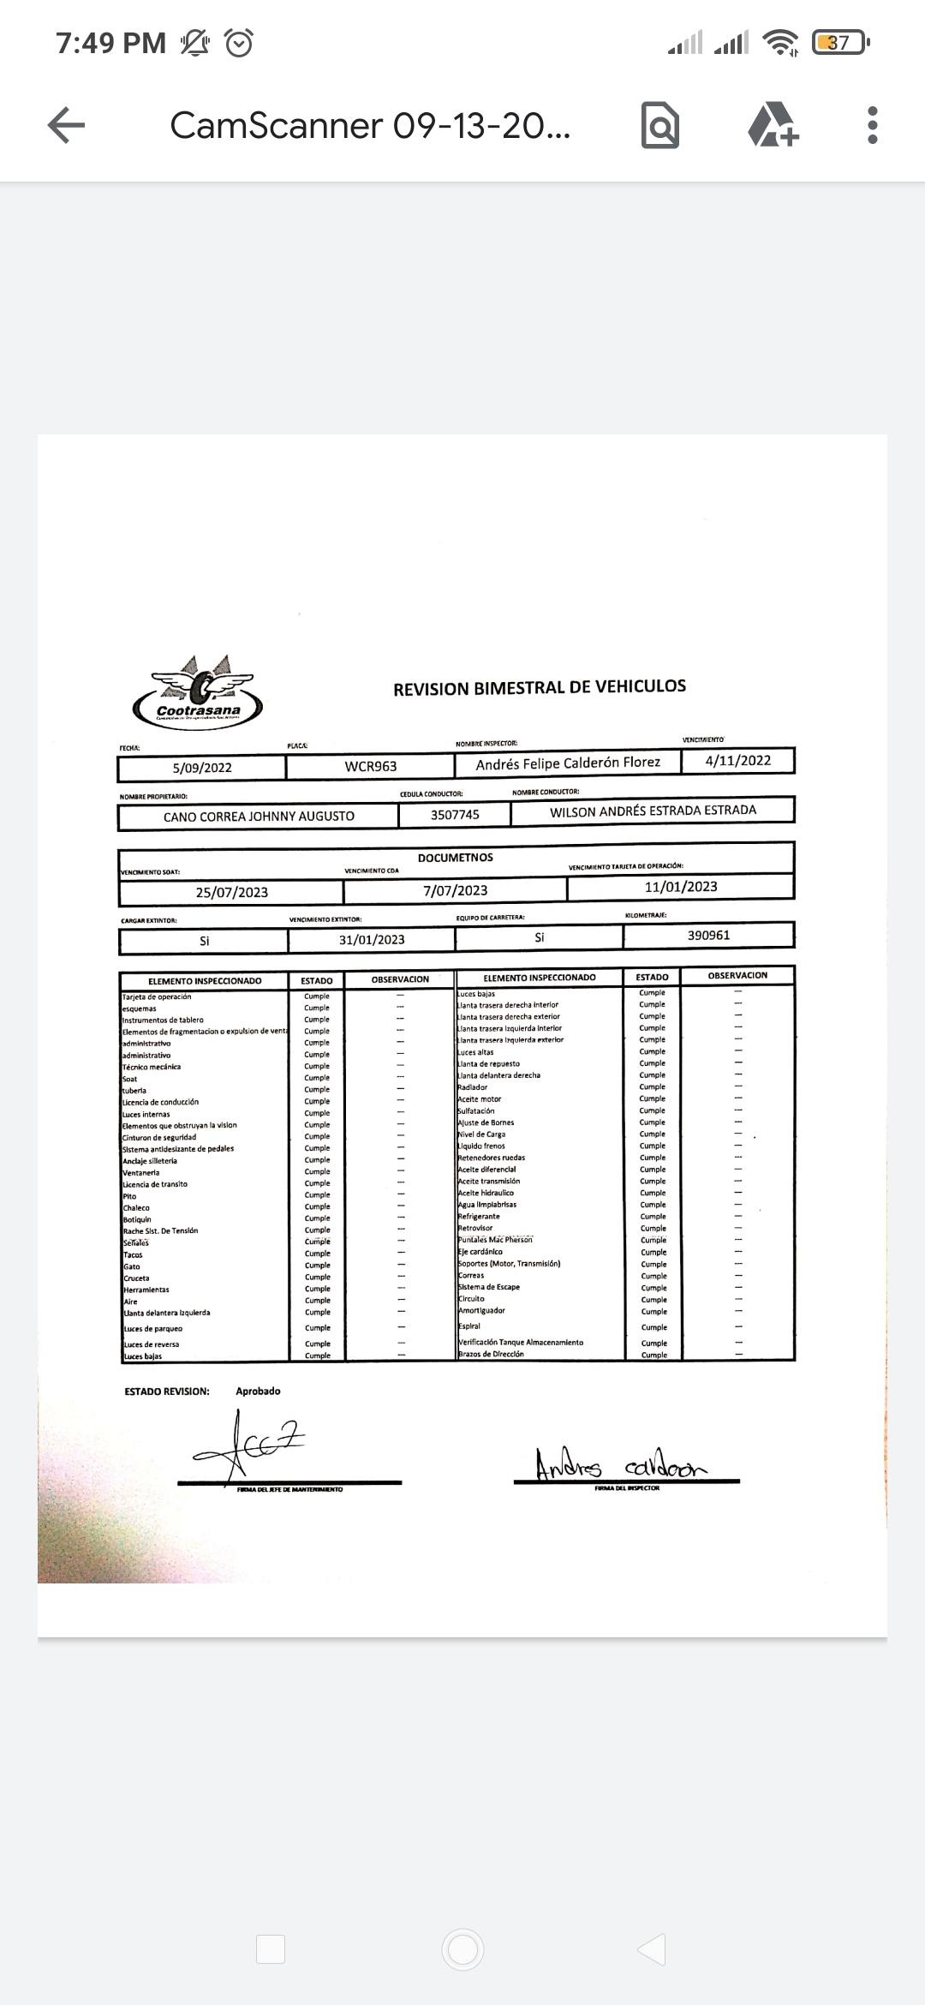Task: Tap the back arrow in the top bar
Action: (x=66, y=125)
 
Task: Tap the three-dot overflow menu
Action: (x=872, y=125)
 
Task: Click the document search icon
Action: (x=660, y=126)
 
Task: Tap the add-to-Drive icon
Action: (x=773, y=125)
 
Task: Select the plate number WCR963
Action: (x=371, y=766)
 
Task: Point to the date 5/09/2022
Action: (x=202, y=768)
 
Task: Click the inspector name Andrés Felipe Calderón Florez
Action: (x=568, y=763)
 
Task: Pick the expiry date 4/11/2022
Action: (x=737, y=760)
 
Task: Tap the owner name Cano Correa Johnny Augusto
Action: (x=259, y=817)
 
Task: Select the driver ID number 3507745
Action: (x=455, y=815)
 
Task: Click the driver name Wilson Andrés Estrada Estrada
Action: (x=653, y=811)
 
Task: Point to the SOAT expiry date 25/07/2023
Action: (x=231, y=892)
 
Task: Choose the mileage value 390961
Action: (x=708, y=935)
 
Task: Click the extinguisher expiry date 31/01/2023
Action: (x=372, y=939)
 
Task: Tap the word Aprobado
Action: (x=258, y=1391)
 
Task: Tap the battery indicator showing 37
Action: (x=839, y=42)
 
